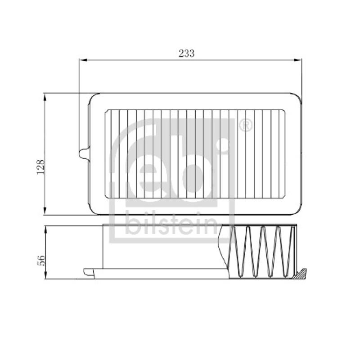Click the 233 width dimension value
point(186,53)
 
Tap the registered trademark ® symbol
point(245,126)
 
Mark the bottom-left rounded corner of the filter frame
point(94,210)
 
